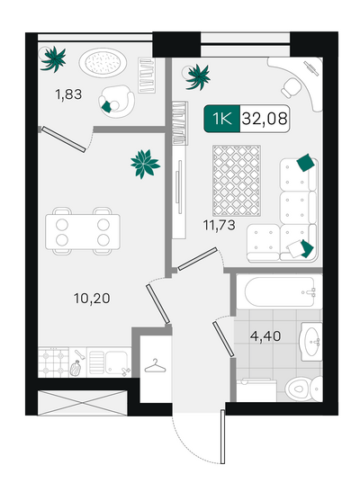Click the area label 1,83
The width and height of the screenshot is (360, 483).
coord(68,94)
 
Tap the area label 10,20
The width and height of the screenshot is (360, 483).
coord(92,299)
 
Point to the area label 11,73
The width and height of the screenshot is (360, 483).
coord(219,225)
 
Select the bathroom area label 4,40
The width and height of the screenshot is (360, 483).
coord(265,335)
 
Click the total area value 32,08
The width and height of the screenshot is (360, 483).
coord(265,119)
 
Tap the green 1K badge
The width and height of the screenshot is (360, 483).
coord(222,119)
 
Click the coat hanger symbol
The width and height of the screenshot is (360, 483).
coord(155,366)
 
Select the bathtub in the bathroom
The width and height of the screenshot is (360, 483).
coord(280,292)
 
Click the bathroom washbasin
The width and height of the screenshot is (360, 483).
coord(311,342)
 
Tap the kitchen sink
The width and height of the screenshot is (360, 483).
coord(109,362)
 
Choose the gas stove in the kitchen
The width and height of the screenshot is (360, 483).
coord(53,362)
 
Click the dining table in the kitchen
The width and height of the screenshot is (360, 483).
coord(83,232)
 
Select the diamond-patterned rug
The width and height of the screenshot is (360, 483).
coord(237,181)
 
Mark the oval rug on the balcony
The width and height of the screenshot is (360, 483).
coord(103,61)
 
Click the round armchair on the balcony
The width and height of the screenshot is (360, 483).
coord(116,101)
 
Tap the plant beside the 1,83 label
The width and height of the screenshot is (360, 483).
coord(54,59)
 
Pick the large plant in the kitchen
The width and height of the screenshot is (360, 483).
coord(145,164)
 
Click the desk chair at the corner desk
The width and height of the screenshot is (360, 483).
coord(291,87)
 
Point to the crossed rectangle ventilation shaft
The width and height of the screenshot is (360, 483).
coord(82,403)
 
